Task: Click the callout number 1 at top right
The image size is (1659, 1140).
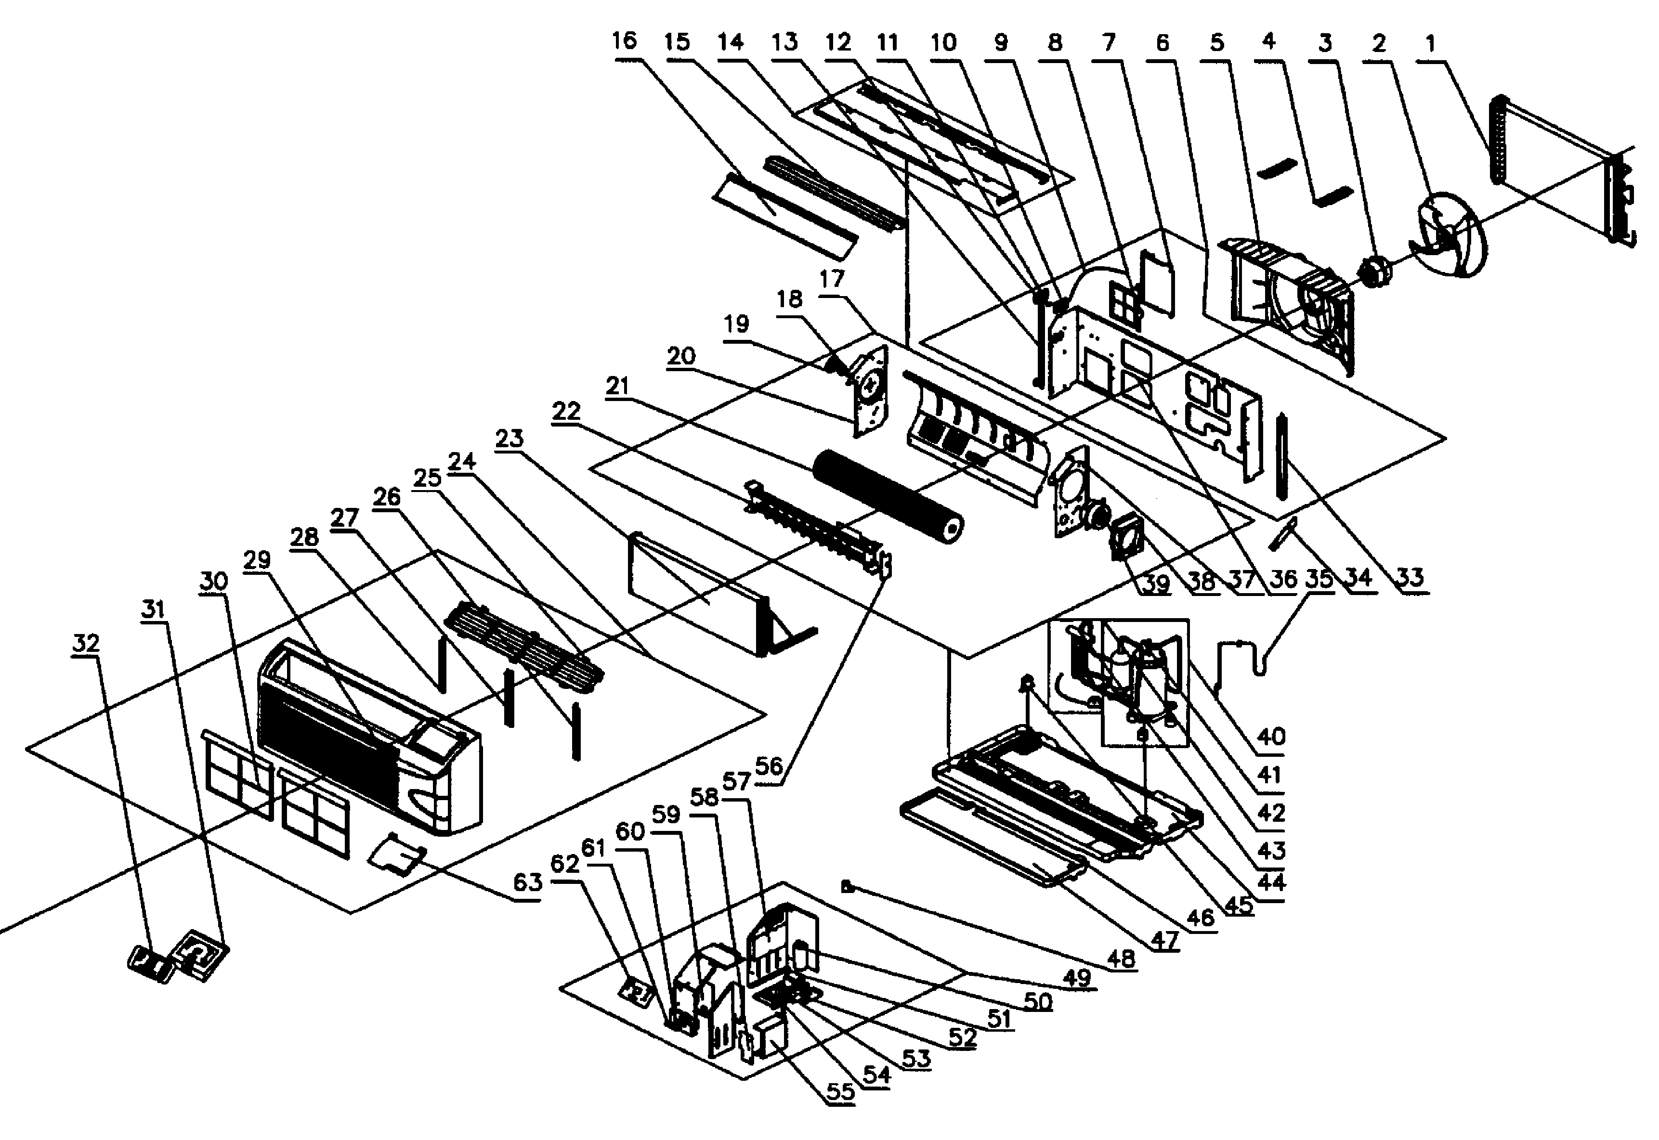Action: pos(1430,44)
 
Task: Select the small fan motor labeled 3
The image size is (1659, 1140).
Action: pos(1375,272)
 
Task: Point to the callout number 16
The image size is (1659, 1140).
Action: pos(624,41)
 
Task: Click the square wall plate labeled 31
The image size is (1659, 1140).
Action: pos(202,954)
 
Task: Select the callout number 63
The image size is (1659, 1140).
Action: pos(528,883)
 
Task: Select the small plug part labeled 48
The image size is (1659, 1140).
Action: pos(848,887)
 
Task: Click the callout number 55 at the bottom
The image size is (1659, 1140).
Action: pos(840,1091)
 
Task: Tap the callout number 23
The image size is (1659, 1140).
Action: pos(509,438)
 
